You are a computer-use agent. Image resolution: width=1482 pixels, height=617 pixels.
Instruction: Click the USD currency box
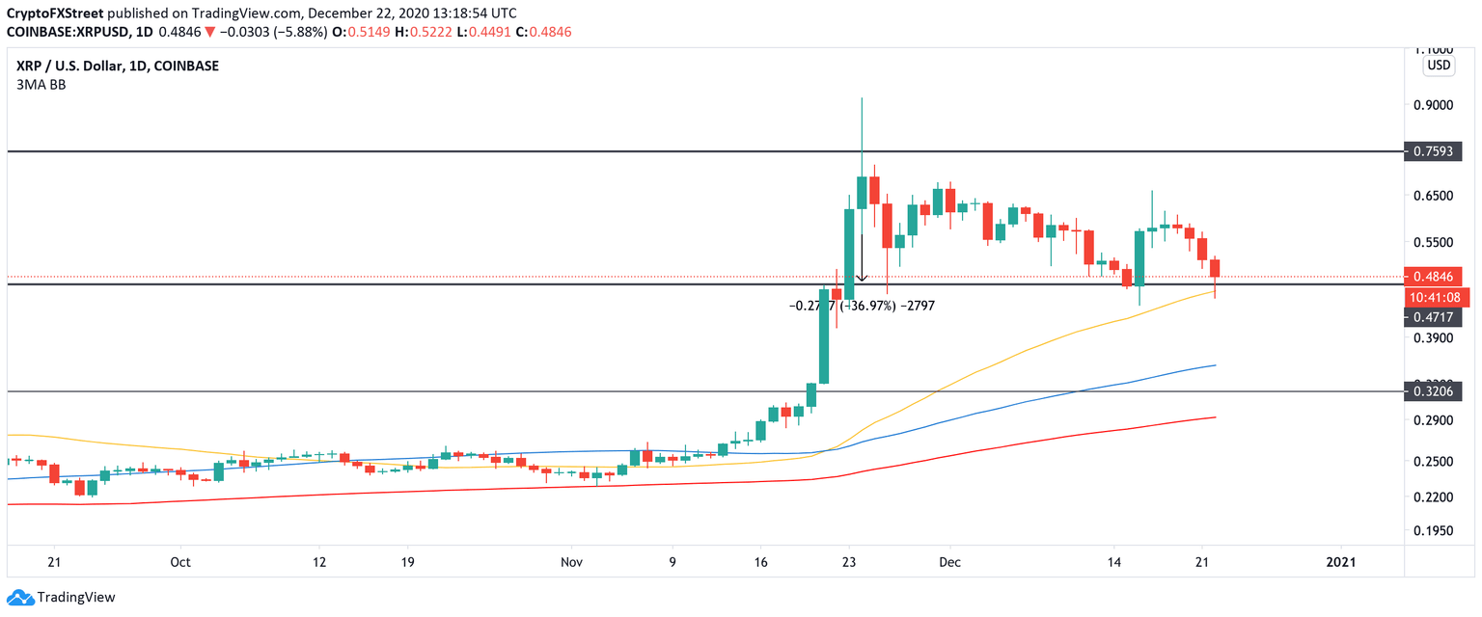coord(1439,66)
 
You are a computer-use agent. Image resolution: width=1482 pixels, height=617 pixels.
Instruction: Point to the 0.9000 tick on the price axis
coord(1434,105)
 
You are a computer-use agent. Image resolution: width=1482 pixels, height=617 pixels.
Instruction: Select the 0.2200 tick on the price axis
coord(1434,496)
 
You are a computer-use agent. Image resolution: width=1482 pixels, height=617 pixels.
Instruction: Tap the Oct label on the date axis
coord(179,562)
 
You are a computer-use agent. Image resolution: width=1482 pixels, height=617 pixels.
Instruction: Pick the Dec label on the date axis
coord(949,562)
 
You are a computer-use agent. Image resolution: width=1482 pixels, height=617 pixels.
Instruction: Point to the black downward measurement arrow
coord(862,255)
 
